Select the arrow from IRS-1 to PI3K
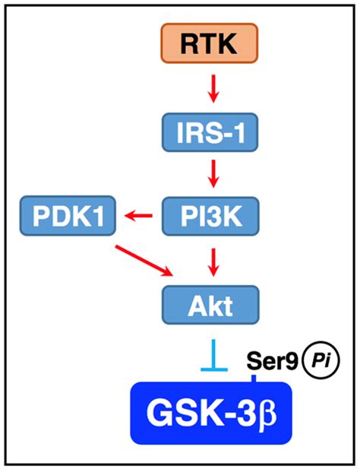coord(214,177)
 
